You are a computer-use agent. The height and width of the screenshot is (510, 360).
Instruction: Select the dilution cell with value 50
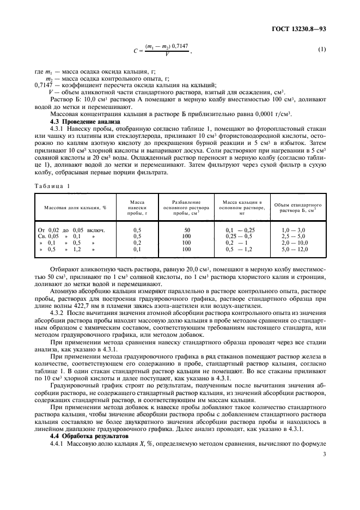coord(187,230)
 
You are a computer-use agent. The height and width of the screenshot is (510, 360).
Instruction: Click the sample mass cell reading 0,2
coord(137,243)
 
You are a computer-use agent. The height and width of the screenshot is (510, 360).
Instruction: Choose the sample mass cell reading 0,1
coord(137,249)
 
